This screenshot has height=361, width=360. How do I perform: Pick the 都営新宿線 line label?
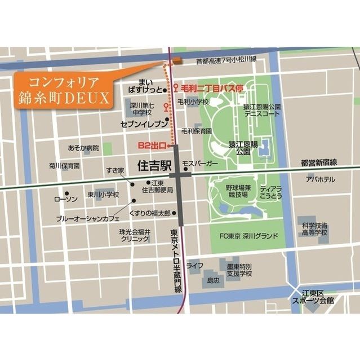[318, 162]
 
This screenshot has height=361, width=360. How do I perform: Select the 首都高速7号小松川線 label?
[226, 59]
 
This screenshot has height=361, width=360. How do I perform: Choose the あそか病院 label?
[83, 148]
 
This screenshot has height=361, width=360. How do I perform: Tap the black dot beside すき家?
[133, 183]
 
